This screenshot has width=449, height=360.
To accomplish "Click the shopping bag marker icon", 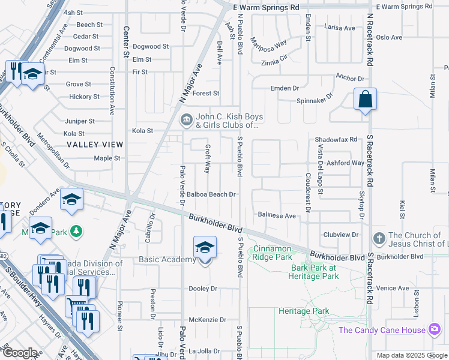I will pyautogui.click(x=365, y=99).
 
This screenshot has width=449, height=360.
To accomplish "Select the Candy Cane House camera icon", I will pyautogui.click(x=434, y=329).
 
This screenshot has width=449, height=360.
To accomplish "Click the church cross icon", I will pyautogui.click(x=379, y=239).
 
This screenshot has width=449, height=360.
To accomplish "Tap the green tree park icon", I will pyautogui.click(x=76, y=231).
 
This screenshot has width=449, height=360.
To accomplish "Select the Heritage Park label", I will pyautogui.click(x=304, y=311).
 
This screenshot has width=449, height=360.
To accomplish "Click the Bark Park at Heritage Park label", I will pyautogui.click(x=315, y=272).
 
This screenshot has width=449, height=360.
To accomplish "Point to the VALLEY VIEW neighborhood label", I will pyautogui.click(x=95, y=145).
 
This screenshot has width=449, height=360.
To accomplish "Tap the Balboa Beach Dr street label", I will pyautogui.click(x=210, y=194).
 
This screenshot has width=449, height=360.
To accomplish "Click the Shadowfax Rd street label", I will pyautogui.click(x=336, y=140).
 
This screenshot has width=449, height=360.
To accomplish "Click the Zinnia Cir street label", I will pyautogui.click(x=275, y=62).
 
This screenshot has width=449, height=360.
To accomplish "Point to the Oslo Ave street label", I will pyautogui.click(x=388, y=37).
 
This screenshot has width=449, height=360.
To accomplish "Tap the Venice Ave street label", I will pyautogui.click(x=394, y=288).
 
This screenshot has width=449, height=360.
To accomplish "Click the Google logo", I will pyautogui.click(x=20, y=353).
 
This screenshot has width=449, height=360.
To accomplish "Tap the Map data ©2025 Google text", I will pyautogui.click(x=412, y=355).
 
